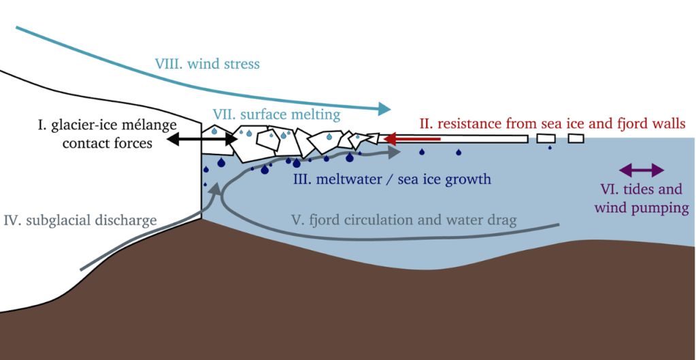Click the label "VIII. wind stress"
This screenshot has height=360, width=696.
click(207, 65)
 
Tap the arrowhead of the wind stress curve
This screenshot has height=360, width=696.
click(384, 108)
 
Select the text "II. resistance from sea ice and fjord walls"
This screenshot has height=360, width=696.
click(552, 124)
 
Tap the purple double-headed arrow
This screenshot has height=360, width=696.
click(641, 169)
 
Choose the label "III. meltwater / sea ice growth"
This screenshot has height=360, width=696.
click(391, 180)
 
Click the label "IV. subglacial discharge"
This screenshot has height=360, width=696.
click(80, 220)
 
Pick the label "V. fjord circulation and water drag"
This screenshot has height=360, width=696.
click(403, 220)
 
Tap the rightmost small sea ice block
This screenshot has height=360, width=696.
click(576, 139)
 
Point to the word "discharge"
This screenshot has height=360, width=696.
click(127, 220)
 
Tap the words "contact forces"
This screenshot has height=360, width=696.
click(107, 143)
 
